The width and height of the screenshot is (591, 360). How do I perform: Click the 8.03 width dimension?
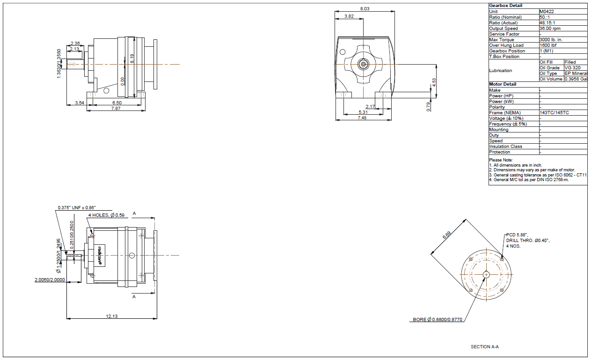pos(365,9)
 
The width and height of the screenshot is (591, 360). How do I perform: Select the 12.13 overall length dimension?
pos(112,316)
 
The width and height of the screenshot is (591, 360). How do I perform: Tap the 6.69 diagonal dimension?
pos(446,235)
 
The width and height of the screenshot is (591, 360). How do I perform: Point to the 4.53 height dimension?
pos(434,82)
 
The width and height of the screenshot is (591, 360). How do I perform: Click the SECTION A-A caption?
pos(485,347)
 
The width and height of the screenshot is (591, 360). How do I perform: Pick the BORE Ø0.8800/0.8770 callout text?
pos(438,320)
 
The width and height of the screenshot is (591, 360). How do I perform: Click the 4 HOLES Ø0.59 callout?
pos(106,215)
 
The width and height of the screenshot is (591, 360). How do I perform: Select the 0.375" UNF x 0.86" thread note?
pos(77,208)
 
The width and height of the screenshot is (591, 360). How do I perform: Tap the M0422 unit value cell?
pos(547,11)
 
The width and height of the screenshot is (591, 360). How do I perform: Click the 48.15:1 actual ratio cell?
pos(547,22)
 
